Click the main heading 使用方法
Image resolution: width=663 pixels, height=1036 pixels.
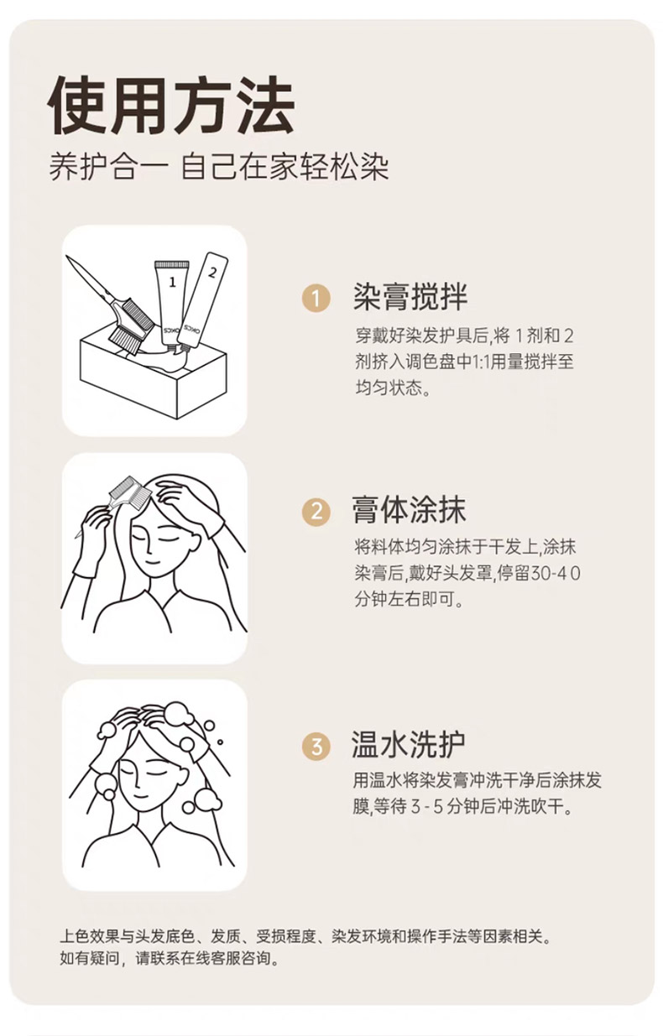coord(170,106)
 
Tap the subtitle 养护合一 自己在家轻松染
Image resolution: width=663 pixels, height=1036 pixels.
coord(219,167)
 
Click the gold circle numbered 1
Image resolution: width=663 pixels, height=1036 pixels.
coord(316,298)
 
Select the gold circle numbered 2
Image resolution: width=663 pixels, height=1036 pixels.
coord(316,512)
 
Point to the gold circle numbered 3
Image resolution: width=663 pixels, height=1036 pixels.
coord(316,747)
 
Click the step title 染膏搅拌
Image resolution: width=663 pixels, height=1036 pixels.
coord(410,296)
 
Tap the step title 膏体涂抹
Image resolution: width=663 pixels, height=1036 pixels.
coord(409,510)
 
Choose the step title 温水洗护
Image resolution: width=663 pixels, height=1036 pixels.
coord(408,745)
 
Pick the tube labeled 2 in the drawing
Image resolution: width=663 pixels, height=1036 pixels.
coord(204,299)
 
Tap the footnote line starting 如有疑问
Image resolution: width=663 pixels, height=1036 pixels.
coord(170,958)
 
